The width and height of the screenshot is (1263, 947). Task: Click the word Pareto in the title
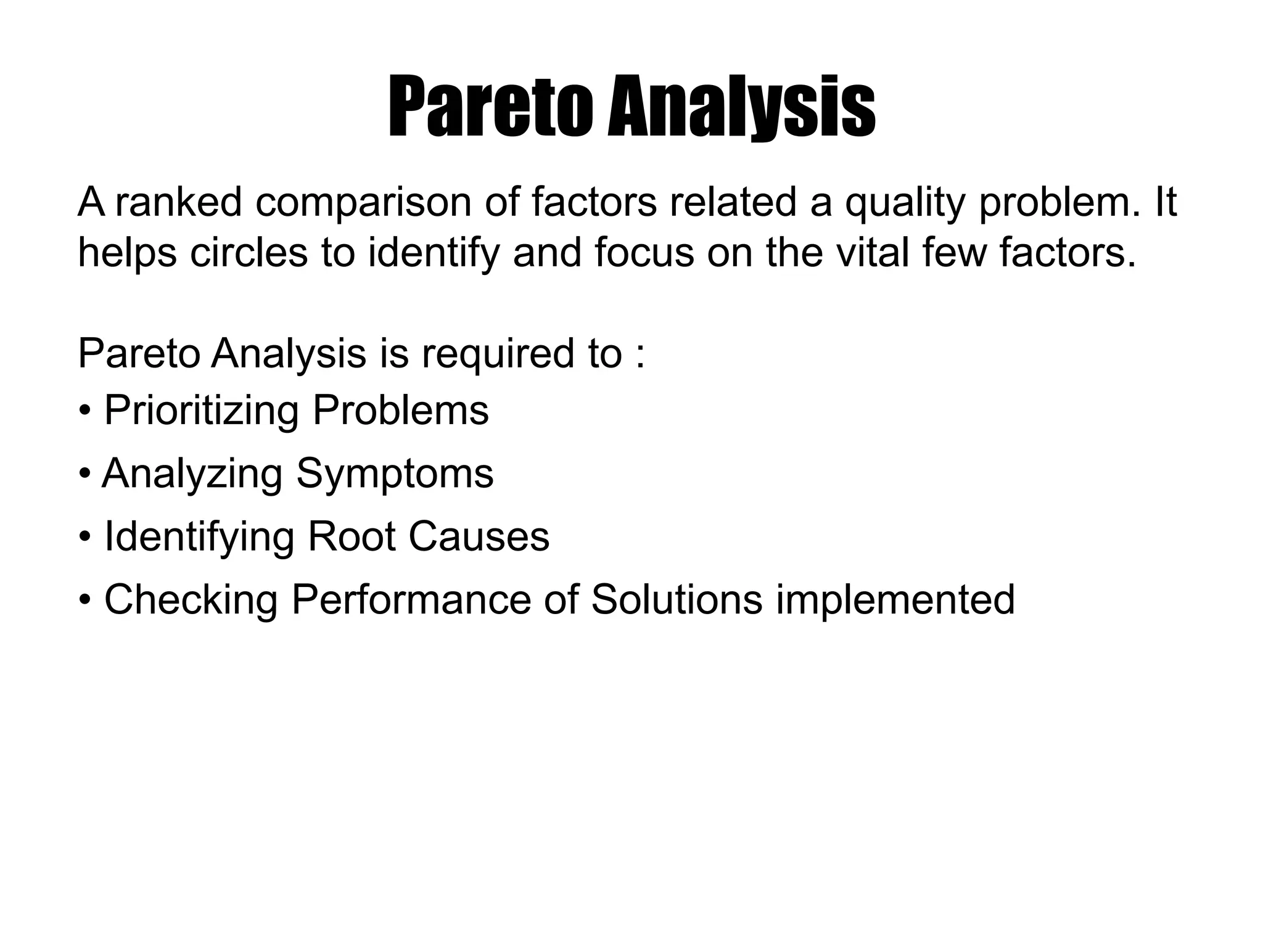click(x=492, y=106)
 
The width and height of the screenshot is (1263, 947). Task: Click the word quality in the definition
click(x=904, y=204)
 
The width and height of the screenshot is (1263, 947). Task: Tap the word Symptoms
click(x=395, y=475)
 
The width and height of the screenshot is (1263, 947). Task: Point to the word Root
click(x=351, y=536)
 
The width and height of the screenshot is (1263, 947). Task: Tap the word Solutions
click(x=677, y=599)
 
